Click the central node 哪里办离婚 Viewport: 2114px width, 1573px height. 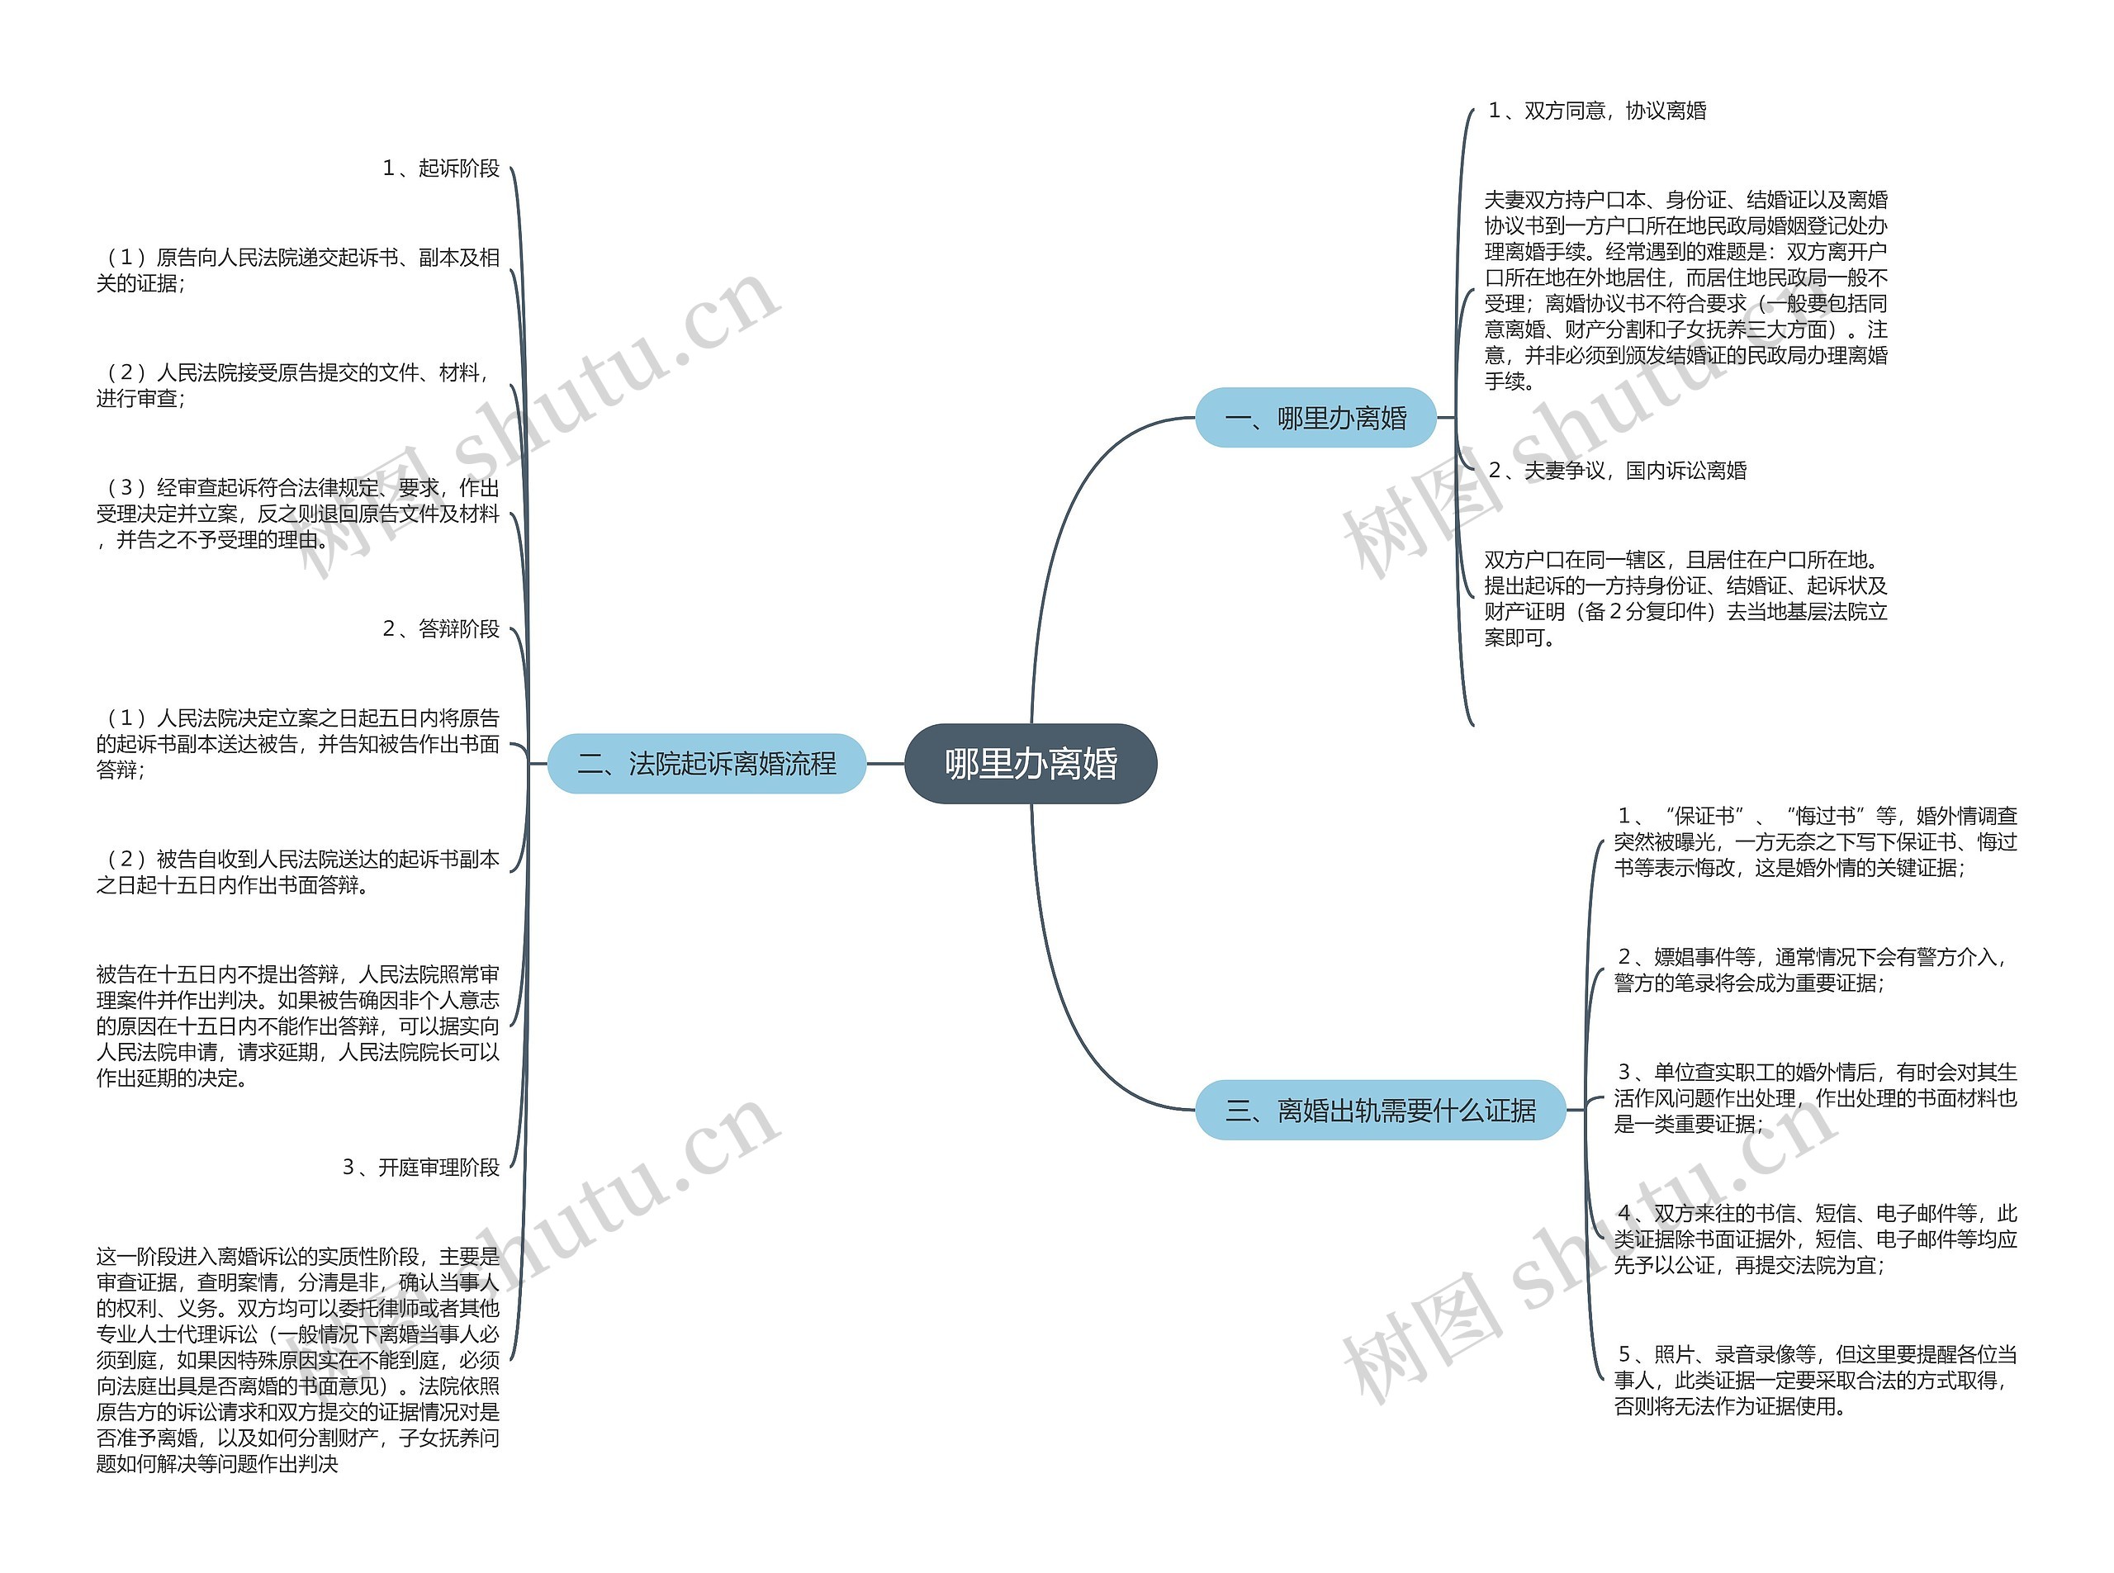pos(1031,764)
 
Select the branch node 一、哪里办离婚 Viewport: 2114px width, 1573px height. pos(1315,418)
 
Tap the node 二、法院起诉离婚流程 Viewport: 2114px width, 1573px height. pos(707,764)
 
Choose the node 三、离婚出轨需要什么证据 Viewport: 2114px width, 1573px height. pos(1380,1111)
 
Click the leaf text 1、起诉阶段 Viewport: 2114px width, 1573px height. pos(440,168)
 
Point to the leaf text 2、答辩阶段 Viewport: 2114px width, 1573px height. pos(440,628)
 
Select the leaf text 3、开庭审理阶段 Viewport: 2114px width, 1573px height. pos(420,1168)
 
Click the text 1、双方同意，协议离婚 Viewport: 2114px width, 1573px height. pos(1597,111)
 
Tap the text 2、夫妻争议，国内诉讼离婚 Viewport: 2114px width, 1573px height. pos(1617,471)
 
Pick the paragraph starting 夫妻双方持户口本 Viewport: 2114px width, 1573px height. pos(1685,291)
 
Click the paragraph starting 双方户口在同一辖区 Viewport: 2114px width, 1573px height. pos(1685,598)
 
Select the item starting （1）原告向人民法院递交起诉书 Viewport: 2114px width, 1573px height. pos(297,270)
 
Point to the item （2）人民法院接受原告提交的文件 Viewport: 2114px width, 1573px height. pos(297,386)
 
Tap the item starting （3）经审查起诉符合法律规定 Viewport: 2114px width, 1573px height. pos(297,514)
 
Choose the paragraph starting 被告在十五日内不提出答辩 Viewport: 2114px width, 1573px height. pos(297,1026)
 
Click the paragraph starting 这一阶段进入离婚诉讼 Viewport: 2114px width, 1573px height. pos(297,1360)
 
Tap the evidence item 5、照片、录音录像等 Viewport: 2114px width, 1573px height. pos(1814,1380)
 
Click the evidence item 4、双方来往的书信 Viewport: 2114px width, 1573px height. pos(1814,1239)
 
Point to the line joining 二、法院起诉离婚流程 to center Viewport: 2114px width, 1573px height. pos(885,764)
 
